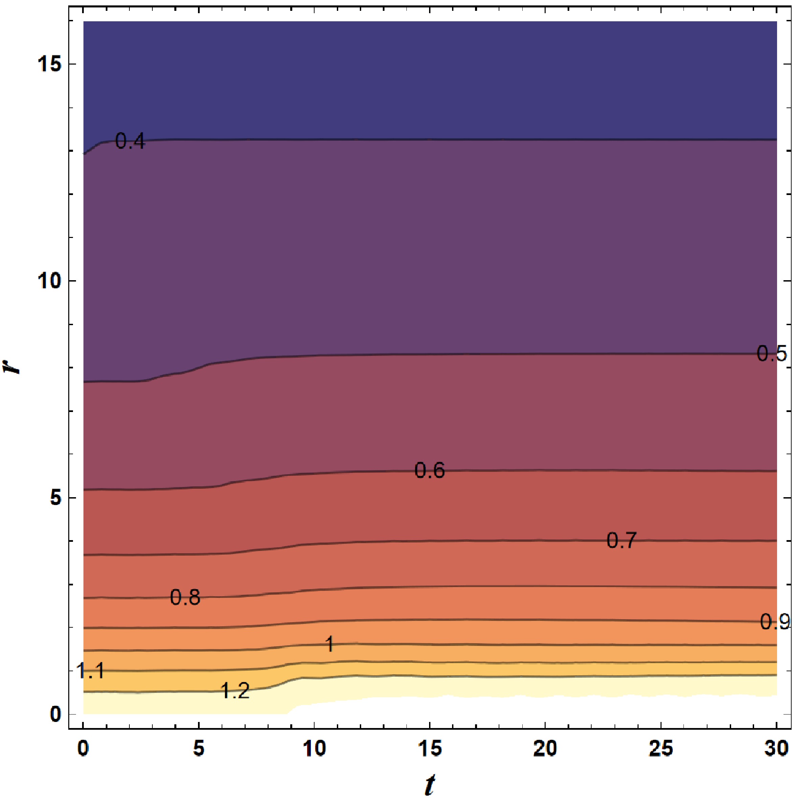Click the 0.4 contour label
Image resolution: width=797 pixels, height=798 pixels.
(x=130, y=142)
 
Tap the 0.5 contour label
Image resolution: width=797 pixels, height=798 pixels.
(x=771, y=354)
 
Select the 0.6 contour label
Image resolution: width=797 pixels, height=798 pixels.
(x=429, y=470)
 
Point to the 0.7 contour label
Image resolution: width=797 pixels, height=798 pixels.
(x=622, y=541)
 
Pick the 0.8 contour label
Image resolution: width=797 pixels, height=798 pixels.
(x=185, y=597)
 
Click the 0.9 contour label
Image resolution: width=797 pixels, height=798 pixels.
(x=775, y=633)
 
